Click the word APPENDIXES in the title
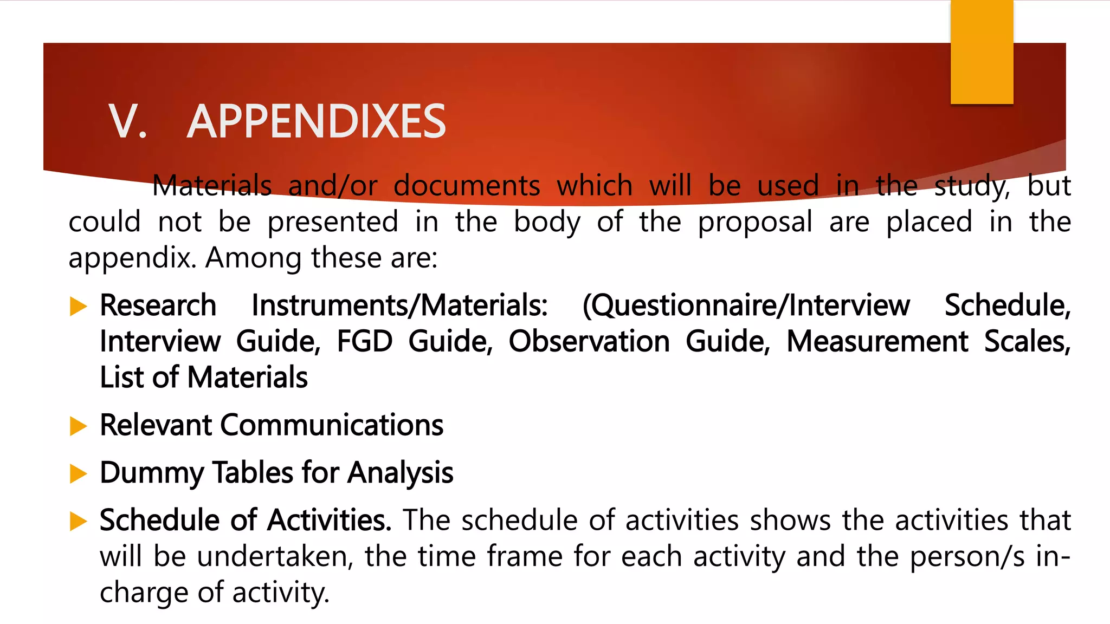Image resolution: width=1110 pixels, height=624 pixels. click(317, 121)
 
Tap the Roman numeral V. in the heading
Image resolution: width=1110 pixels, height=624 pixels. click(128, 121)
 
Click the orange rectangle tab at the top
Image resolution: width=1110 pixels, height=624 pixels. click(982, 52)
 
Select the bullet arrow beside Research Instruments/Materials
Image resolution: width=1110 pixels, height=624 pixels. click(79, 307)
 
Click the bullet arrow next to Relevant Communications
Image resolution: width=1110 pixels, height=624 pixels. click(79, 426)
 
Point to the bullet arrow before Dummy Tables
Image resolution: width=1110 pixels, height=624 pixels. click(79, 474)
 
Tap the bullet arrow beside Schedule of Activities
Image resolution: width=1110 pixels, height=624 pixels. click(79, 522)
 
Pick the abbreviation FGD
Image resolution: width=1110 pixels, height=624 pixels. click(365, 342)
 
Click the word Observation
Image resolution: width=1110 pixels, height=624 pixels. click(589, 342)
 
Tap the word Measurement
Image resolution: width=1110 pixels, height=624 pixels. click(877, 342)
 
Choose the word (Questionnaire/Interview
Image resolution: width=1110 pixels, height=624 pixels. click(746, 305)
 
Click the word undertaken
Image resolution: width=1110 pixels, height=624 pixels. click(275, 556)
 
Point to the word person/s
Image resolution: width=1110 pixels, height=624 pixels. click(967, 556)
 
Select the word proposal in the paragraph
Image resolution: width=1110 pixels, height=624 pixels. click(755, 222)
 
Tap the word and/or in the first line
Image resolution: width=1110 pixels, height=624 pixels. click(333, 186)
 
